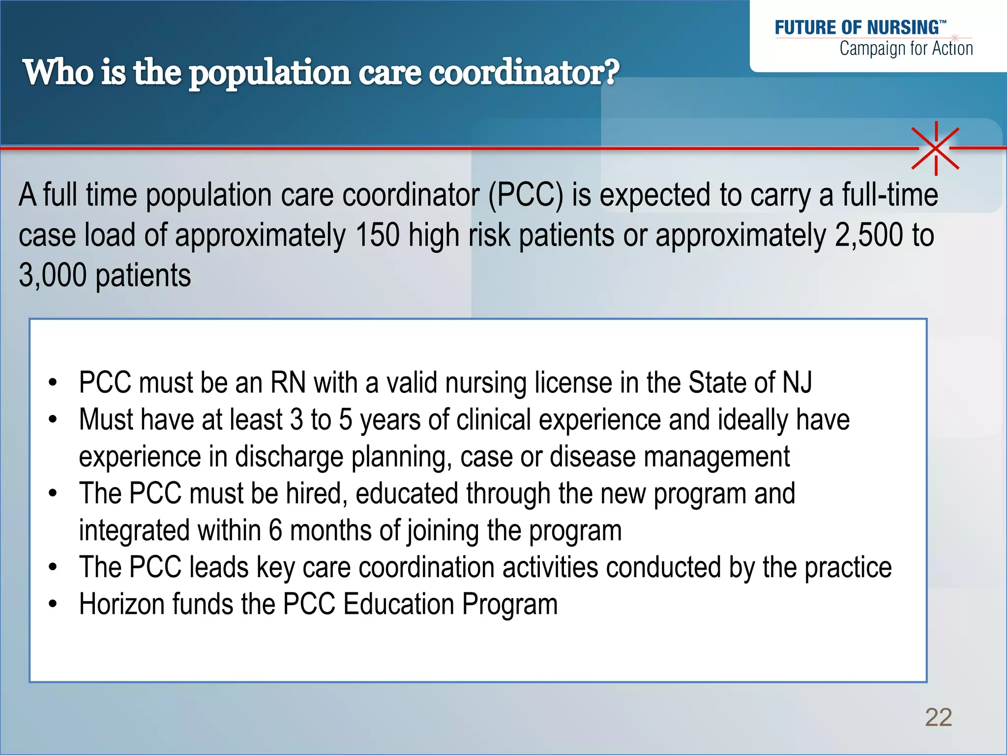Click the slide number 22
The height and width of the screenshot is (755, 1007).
point(938,717)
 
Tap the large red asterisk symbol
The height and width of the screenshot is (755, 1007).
point(936,148)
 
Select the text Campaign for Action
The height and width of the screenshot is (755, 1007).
point(906,49)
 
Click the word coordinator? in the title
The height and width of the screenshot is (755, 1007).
point(524,73)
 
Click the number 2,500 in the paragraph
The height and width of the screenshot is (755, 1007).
point(869,235)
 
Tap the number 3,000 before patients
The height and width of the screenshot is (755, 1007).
point(53,275)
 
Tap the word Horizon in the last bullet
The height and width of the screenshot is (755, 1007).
point(122,604)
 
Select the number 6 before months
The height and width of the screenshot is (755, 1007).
point(275,530)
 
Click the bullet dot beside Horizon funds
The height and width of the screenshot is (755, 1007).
point(53,604)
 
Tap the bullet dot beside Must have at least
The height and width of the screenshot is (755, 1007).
point(53,420)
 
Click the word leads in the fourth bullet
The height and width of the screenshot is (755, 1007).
point(219,567)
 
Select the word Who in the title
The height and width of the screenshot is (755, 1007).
point(58,73)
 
